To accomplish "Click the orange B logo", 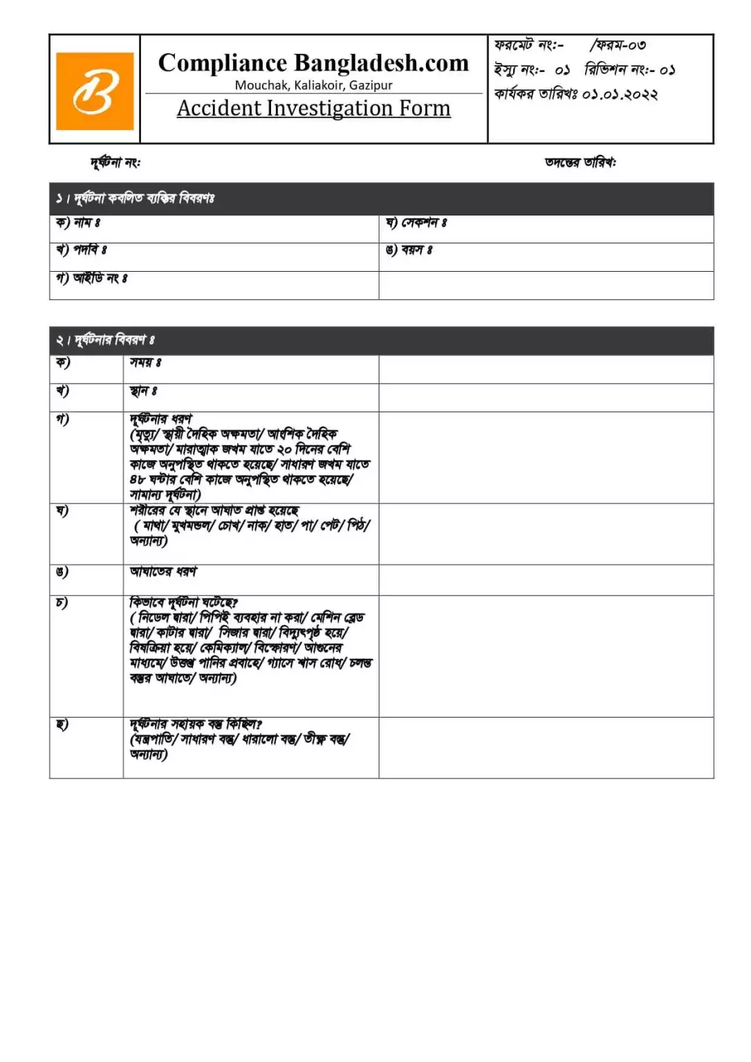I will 95,91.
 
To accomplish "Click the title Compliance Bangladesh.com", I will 313,63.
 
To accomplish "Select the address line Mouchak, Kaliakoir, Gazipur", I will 313,85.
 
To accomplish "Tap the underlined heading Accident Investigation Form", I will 313,109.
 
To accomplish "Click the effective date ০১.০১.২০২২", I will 620,94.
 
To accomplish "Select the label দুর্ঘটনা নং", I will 115,162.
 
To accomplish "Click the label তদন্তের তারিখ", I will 580,162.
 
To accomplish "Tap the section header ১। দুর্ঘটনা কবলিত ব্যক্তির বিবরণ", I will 136,199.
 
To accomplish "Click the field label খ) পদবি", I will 81,250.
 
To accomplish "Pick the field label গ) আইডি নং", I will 91,278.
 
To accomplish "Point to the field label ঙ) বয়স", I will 409,250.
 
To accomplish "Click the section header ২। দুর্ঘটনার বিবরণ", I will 105,340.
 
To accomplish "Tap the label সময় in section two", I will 145,362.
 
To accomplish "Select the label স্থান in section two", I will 143,391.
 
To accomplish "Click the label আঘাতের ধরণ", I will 163,572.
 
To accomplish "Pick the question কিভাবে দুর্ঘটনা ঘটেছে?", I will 184,602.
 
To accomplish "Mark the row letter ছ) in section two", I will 62,725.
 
